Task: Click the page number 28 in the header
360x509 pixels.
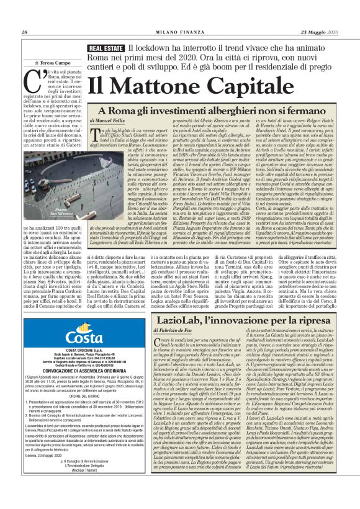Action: pyautogui.click(x=24, y=32)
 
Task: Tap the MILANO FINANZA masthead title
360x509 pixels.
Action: pyautogui.click(x=179, y=32)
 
